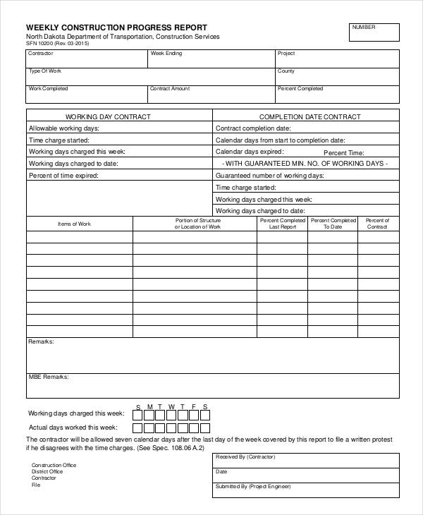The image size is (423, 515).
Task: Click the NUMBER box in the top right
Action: coord(374,32)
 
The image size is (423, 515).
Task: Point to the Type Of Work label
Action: coord(44,71)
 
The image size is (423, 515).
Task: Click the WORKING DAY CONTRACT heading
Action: coord(108,116)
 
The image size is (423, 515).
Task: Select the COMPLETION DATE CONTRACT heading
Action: coord(309,116)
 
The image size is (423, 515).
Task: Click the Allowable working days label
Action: coord(63,128)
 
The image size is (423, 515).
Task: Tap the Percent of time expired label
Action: coord(63,175)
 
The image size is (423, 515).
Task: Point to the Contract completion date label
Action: coord(253,128)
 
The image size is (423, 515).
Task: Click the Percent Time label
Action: coord(343,152)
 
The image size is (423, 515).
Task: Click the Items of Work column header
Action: coord(74,224)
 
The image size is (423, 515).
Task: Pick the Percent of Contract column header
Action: coord(377,224)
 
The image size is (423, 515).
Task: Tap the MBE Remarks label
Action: coord(48,377)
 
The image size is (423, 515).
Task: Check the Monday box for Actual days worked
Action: coord(149,428)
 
